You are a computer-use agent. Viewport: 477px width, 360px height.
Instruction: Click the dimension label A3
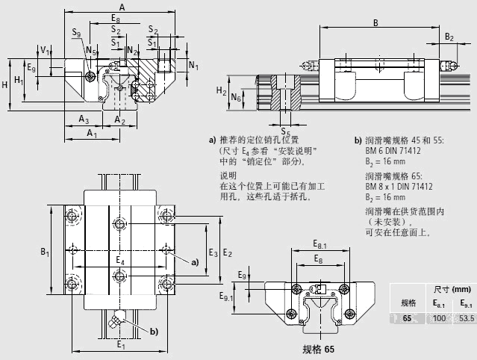pyautogui.click(x=84, y=120)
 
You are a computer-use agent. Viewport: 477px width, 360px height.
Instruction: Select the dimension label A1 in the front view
pyautogui.click(x=91, y=134)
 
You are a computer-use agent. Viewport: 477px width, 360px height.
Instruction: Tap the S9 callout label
pyautogui.click(x=78, y=34)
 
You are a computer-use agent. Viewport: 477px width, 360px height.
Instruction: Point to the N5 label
pyautogui.click(x=90, y=50)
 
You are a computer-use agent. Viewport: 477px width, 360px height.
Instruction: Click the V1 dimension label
pyautogui.click(x=44, y=51)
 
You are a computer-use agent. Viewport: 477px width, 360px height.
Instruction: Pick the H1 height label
pyautogui.click(x=19, y=80)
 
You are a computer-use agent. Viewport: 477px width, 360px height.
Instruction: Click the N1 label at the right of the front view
pyautogui.click(x=193, y=66)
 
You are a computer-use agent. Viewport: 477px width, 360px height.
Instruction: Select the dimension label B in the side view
pyautogui.click(x=375, y=22)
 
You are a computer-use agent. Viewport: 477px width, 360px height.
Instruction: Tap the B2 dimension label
pyautogui.click(x=449, y=37)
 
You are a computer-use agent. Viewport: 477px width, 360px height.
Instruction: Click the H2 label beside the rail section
pyautogui.click(x=221, y=91)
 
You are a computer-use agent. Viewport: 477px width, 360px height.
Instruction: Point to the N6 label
pyautogui.click(x=235, y=97)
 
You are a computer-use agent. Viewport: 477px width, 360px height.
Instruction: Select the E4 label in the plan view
pyautogui.click(x=119, y=261)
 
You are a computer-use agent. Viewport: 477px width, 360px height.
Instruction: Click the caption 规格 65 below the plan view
pyautogui.click(x=317, y=350)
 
